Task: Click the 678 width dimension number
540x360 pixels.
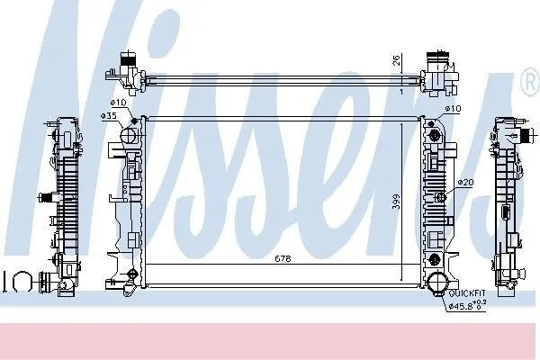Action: coord(283,258)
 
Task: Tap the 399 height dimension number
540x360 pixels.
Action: coord(397,202)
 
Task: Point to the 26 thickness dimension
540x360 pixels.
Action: coord(396,60)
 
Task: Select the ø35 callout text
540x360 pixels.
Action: coord(109,116)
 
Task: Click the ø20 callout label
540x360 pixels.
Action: coord(466,182)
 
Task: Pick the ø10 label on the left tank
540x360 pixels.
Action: coord(118,103)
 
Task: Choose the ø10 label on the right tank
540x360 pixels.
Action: coord(453,109)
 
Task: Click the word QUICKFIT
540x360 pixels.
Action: coord(467,293)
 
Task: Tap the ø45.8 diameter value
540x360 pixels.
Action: coord(462,306)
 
